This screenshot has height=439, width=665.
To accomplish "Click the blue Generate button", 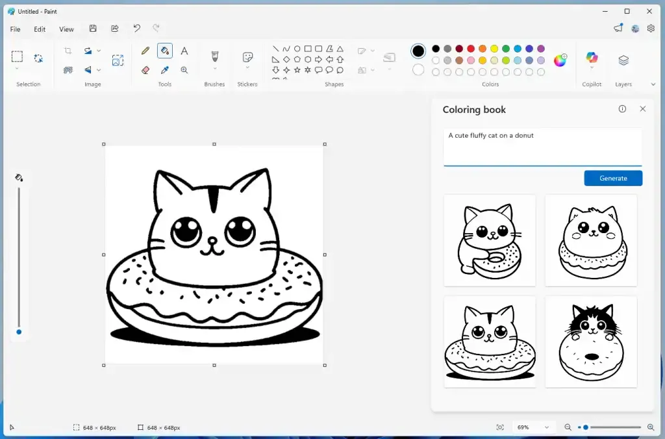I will (x=613, y=178).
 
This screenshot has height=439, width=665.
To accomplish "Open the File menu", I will (x=16, y=29).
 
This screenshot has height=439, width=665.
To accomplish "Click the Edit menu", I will (x=40, y=29).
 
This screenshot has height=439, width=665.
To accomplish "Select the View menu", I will (x=66, y=29).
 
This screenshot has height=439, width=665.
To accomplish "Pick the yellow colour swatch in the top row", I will (x=494, y=49).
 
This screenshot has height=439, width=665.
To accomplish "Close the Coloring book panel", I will (x=643, y=109).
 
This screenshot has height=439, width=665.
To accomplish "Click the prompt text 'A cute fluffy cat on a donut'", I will (x=491, y=136).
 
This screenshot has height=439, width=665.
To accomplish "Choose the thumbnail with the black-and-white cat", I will (x=591, y=342).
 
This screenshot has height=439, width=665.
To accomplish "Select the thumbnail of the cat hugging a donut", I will (x=490, y=240).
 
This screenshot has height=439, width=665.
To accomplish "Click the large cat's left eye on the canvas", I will (x=186, y=231).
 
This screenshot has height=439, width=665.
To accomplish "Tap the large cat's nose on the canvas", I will (x=212, y=241).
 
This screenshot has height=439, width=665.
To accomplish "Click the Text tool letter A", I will (x=184, y=51).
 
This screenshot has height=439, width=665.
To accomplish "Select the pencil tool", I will (x=145, y=51).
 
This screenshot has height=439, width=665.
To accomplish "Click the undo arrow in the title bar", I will (x=136, y=29).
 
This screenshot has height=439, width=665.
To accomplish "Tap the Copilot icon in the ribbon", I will (x=592, y=58).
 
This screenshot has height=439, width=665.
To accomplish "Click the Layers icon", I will (x=623, y=60).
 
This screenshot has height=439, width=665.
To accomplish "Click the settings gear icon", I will (x=651, y=29).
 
